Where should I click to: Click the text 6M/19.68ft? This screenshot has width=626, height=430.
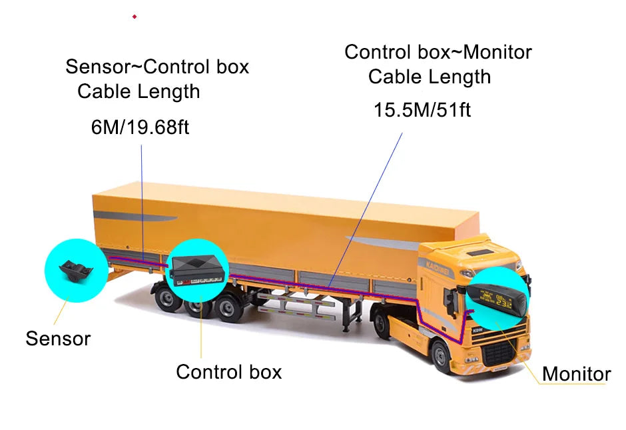coord(140,127)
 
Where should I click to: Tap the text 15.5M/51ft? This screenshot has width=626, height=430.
coord(422,110)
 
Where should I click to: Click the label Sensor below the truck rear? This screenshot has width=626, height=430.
coord(59,339)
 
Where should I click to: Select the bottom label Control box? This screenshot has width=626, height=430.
coord(229,372)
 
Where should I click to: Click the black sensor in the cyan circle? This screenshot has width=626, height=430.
coord(76,271)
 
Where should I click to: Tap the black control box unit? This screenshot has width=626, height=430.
coord(196,270)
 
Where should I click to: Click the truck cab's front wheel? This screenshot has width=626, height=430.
coord(442,357)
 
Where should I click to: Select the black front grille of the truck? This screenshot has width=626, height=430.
coord(499,354)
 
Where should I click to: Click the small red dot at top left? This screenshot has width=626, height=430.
coord(135,17)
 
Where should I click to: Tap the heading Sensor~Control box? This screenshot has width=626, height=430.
coord(157,67)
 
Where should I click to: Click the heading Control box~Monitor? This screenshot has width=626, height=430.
coord(438,53)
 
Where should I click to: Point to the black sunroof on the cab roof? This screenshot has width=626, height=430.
coord(480,253)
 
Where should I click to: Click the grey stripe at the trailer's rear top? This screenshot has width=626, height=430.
coord(135,216)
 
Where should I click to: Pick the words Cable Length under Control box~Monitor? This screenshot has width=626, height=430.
coord(430,77)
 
